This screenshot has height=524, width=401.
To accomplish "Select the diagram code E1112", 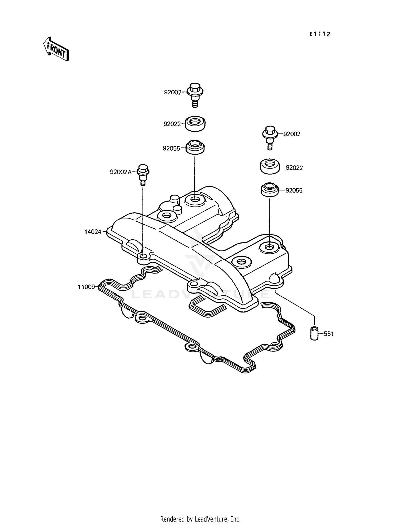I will coord(320,34).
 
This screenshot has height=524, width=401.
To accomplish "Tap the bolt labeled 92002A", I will coord(143,174).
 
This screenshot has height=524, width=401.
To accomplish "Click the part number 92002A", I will coord(121,172).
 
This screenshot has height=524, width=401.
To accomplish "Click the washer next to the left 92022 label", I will coord(195,124).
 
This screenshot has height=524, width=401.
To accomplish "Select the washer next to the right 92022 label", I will coord(270,166).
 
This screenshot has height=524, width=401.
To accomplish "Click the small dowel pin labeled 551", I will coord(314,333).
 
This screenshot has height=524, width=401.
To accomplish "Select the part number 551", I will coord(329,334).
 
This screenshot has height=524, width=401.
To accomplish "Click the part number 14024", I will coord(93,232).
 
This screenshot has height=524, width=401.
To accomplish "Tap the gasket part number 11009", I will coord(86,287).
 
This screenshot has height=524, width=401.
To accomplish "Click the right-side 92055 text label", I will coord(294,191).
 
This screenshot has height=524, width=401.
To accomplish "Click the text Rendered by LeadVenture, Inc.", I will coord(200,519).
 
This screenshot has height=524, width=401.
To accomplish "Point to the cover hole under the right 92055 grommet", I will coord(269,247).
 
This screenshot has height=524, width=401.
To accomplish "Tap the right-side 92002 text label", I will coord(292,134).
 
